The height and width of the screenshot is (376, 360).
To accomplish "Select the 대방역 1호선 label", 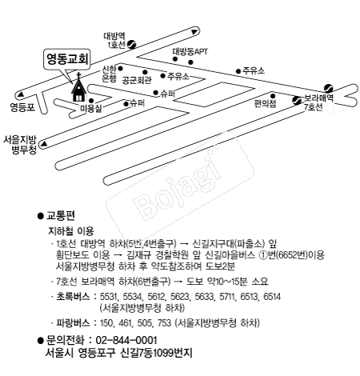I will [x=116, y=41].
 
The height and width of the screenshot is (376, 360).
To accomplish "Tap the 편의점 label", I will [x=265, y=103].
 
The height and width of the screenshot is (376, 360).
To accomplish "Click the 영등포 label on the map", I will [x=22, y=106].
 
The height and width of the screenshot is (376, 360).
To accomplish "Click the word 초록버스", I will [x=74, y=295].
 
